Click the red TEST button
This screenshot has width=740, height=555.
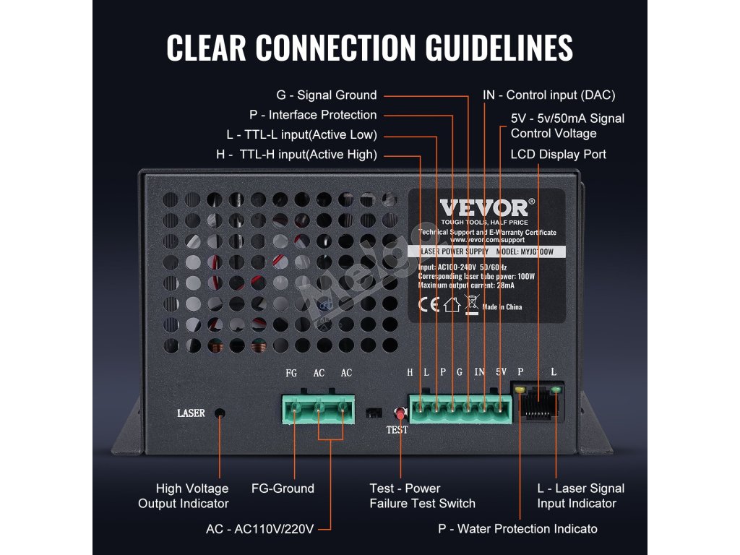[397, 414]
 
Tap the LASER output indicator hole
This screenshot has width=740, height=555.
[220, 413]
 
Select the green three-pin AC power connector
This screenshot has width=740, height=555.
[317, 411]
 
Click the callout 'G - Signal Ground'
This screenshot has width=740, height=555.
[327, 95]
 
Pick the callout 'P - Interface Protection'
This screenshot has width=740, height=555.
[313, 115]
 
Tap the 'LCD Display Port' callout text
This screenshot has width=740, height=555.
[558, 154]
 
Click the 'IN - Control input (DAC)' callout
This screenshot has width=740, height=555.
[549, 95]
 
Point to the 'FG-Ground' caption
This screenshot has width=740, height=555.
[283, 489]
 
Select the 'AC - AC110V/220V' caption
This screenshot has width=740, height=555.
[260, 529]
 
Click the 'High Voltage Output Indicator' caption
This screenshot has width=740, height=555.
[184, 496]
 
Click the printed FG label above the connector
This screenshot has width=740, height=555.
[291, 373]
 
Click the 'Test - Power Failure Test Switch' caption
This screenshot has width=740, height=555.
[422, 496]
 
